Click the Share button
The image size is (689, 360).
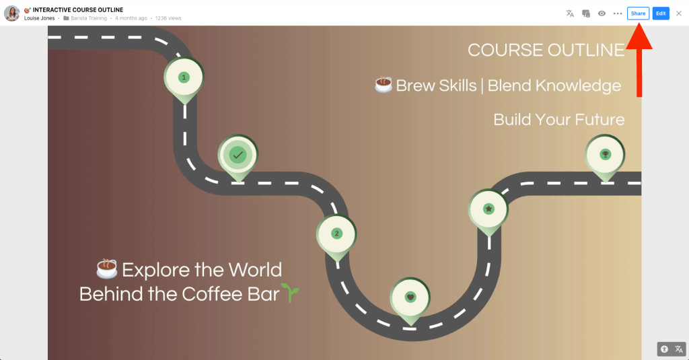(638, 13)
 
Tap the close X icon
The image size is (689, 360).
(679, 13)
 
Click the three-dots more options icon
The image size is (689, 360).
(618, 13)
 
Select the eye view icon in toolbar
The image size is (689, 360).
(602, 13)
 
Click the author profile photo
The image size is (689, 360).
(12, 13)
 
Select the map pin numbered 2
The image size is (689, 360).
(336, 237)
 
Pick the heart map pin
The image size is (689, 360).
(410, 301)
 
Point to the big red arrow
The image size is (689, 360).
(639, 59)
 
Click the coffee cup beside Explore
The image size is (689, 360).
(107, 269)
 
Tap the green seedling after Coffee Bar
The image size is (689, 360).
(290, 293)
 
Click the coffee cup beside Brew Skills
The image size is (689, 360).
(383, 85)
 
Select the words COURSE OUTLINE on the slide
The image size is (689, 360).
(546, 50)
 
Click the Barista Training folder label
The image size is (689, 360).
(88, 18)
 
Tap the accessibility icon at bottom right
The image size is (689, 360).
(664, 349)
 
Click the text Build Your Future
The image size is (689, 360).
(559, 120)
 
